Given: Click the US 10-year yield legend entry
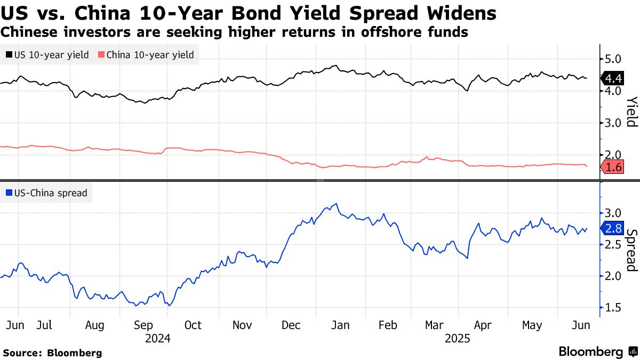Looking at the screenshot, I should click(47, 54).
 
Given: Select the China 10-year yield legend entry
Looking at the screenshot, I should click(147, 54).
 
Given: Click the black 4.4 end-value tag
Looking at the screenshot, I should click(613, 79).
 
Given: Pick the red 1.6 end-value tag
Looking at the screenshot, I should click(613, 167).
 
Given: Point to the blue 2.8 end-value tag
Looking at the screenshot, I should click(613, 229).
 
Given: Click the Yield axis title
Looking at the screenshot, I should click(631, 112).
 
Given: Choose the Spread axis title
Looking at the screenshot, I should click(631, 251).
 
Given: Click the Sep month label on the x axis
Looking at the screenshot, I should click(144, 325).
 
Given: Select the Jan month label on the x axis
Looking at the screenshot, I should click(340, 325).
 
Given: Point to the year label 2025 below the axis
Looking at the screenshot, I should click(458, 338).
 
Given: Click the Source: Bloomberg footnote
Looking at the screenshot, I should click(52, 353).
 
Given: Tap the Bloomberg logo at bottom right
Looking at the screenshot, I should click(598, 351).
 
